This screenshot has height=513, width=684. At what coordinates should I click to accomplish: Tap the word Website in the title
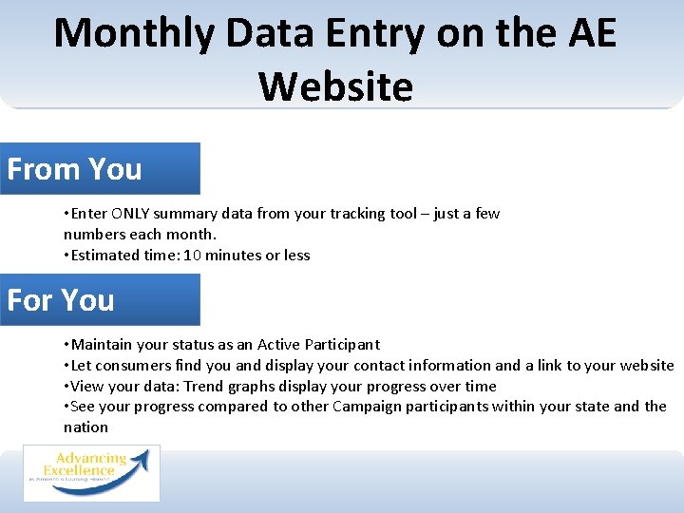pyautogui.click(x=335, y=86)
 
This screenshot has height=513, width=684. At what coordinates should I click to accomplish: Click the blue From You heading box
pyautogui.click(x=100, y=169)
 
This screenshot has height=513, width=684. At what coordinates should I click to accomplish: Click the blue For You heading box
pyautogui.click(x=100, y=300)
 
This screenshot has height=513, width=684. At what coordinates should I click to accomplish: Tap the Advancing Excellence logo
pyautogui.click(x=91, y=472)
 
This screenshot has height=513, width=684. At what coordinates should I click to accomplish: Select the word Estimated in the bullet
pyautogui.click(x=104, y=256)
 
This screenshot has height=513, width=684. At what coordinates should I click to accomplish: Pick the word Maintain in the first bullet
pyautogui.click(x=102, y=345)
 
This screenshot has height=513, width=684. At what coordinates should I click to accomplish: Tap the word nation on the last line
pyautogui.click(x=85, y=427)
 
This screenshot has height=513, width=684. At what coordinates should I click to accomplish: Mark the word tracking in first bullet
pyautogui.click(x=357, y=214)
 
